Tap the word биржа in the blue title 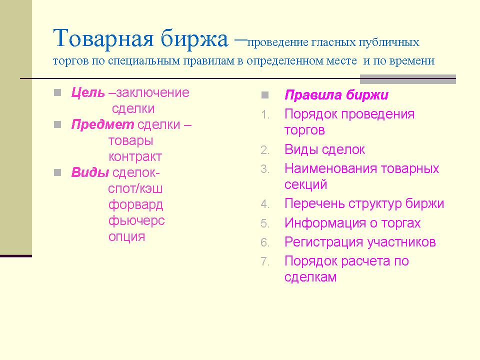pyautogui.click(x=194, y=39)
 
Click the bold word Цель pyautogui.click(x=88, y=92)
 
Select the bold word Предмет pyautogui.click(x=102, y=124)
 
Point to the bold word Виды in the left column pyautogui.click(x=90, y=172)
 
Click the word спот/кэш pyautogui.click(x=135, y=189)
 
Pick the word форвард pyautogui.click(x=135, y=205)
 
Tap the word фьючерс pyautogui.click(x=136, y=220)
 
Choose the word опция pyautogui.click(x=126, y=236)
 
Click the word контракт pyautogui.click(x=135, y=156)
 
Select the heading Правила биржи pyautogui.click(x=336, y=95)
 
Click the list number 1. pyautogui.click(x=265, y=115)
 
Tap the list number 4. pyautogui.click(x=265, y=204)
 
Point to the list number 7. pyautogui.click(x=265, y=261)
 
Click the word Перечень pyautogui.click(x=314, y=204)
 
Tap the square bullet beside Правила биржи pyautogui.click(x=265, y=95)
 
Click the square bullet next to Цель pyautogui.click(x=57, y=92)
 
